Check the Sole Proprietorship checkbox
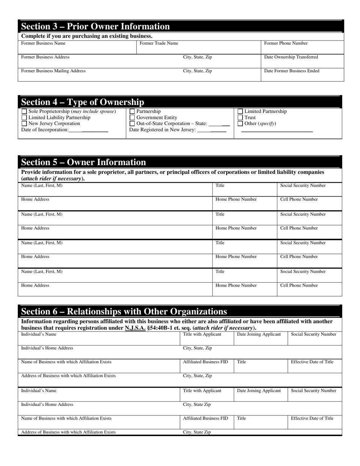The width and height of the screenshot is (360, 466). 24,112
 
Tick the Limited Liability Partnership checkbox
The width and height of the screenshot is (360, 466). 24,118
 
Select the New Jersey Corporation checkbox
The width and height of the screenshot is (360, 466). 24,124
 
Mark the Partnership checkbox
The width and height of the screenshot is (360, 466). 132,112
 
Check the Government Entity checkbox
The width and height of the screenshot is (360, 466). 132,118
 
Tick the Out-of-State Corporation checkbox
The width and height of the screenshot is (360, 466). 132,124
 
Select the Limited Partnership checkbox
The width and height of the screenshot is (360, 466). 240,112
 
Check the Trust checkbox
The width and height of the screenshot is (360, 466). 240,118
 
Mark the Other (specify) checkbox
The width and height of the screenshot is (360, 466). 240,124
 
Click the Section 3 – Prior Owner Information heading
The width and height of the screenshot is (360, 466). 95,27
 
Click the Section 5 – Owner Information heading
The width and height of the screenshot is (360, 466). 83,162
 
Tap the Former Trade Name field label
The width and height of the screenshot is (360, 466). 159,43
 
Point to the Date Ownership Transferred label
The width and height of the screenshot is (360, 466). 291,57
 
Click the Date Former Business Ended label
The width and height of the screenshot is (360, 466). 291,71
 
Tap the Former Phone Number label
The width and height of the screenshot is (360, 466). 286,43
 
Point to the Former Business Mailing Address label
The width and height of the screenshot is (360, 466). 53,71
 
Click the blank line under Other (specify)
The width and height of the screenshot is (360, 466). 277,131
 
